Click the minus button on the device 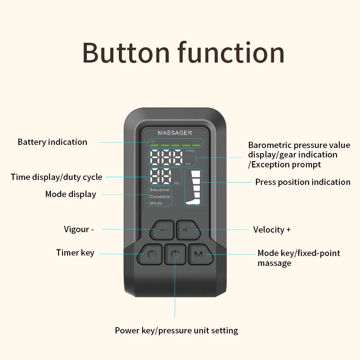click(162, 230)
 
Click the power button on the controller click(175, 255)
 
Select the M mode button click(198, 254)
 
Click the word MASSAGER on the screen click(175, 133)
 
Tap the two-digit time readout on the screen click(161, 177)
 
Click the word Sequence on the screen click(159, 190)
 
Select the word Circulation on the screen click(160, 197)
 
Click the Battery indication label click(52, 142)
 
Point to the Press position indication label click(302, 182)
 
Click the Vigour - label click(79, 229)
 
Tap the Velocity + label click(272, 229)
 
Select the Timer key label click(75, 252)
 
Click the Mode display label click(70, 194)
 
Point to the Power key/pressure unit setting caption click(176, 330)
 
